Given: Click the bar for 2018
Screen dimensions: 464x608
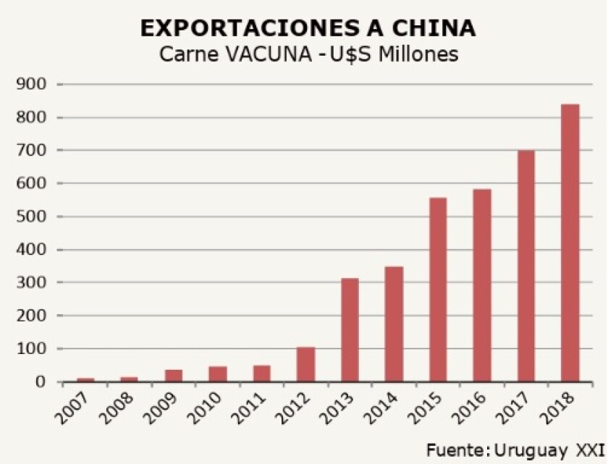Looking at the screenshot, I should (x=570, y=243).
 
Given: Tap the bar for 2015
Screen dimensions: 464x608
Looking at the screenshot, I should (x=438, y=290).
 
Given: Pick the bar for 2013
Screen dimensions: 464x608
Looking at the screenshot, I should (x=350, y=330).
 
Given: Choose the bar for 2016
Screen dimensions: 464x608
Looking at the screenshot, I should (x=481, y=285).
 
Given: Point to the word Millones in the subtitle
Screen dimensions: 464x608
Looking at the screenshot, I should (x=416, y=54).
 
